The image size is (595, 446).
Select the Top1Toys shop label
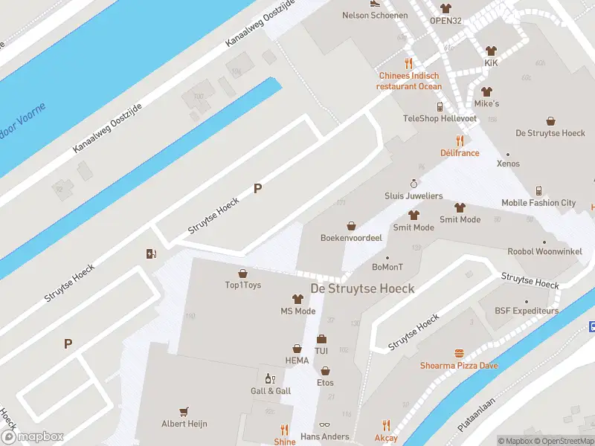[x=242, y=285]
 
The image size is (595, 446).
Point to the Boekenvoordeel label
[x=351, y=238]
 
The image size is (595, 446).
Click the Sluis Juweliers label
[x=414, y=195]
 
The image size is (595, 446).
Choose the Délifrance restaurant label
[x=460, y=152]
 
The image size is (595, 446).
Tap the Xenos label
[x=508, y=164]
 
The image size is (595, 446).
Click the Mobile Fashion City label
[x=538, y=202]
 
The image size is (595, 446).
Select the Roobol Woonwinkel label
[x=544, y=251]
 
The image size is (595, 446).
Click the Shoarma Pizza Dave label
[x=459, y=365]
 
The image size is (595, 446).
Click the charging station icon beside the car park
[x=152, y=254]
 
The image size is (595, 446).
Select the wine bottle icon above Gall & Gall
[x=271, y=379]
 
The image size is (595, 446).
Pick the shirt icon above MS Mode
[x=297, y=299]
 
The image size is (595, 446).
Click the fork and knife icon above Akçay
[x=386, y=426]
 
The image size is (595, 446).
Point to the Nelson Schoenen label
[x=374, y=15]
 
